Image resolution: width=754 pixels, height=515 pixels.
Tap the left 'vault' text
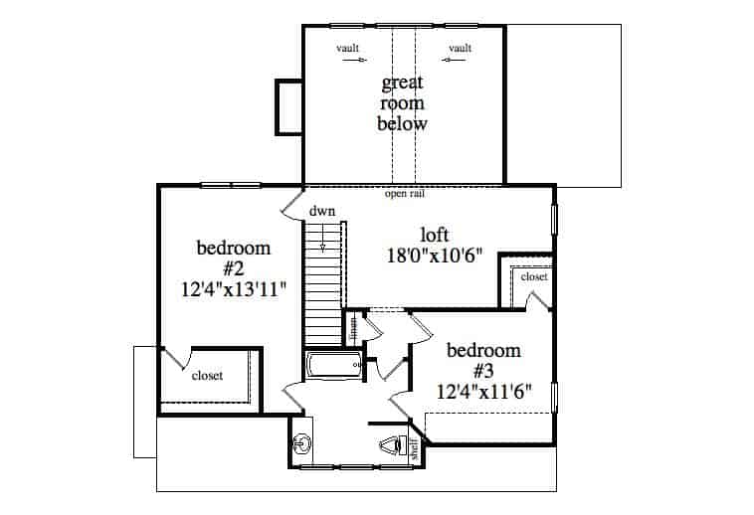(x=347, y=47)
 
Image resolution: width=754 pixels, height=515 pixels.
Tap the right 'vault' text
(x=460, y=47)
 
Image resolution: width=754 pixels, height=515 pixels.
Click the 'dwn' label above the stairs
(x=320, y=212)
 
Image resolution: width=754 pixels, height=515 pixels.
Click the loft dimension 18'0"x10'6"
(x=435, y=255)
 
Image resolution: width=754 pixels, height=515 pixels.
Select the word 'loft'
(x=435, y=235)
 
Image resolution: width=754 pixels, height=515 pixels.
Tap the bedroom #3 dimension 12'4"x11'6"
(x=483, y=391)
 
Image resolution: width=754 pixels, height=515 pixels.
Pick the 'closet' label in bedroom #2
(x=207, y=376)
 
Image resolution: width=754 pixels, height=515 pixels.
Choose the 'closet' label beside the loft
(x=533, y=277)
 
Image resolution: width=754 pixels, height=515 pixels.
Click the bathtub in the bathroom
(x=333, y=367)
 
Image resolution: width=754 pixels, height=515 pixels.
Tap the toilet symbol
(x=391, y=446)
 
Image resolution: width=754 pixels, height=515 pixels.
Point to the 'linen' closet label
(x=353, y=325)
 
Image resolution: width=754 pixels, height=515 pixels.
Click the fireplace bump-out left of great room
(x=288, y=106)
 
